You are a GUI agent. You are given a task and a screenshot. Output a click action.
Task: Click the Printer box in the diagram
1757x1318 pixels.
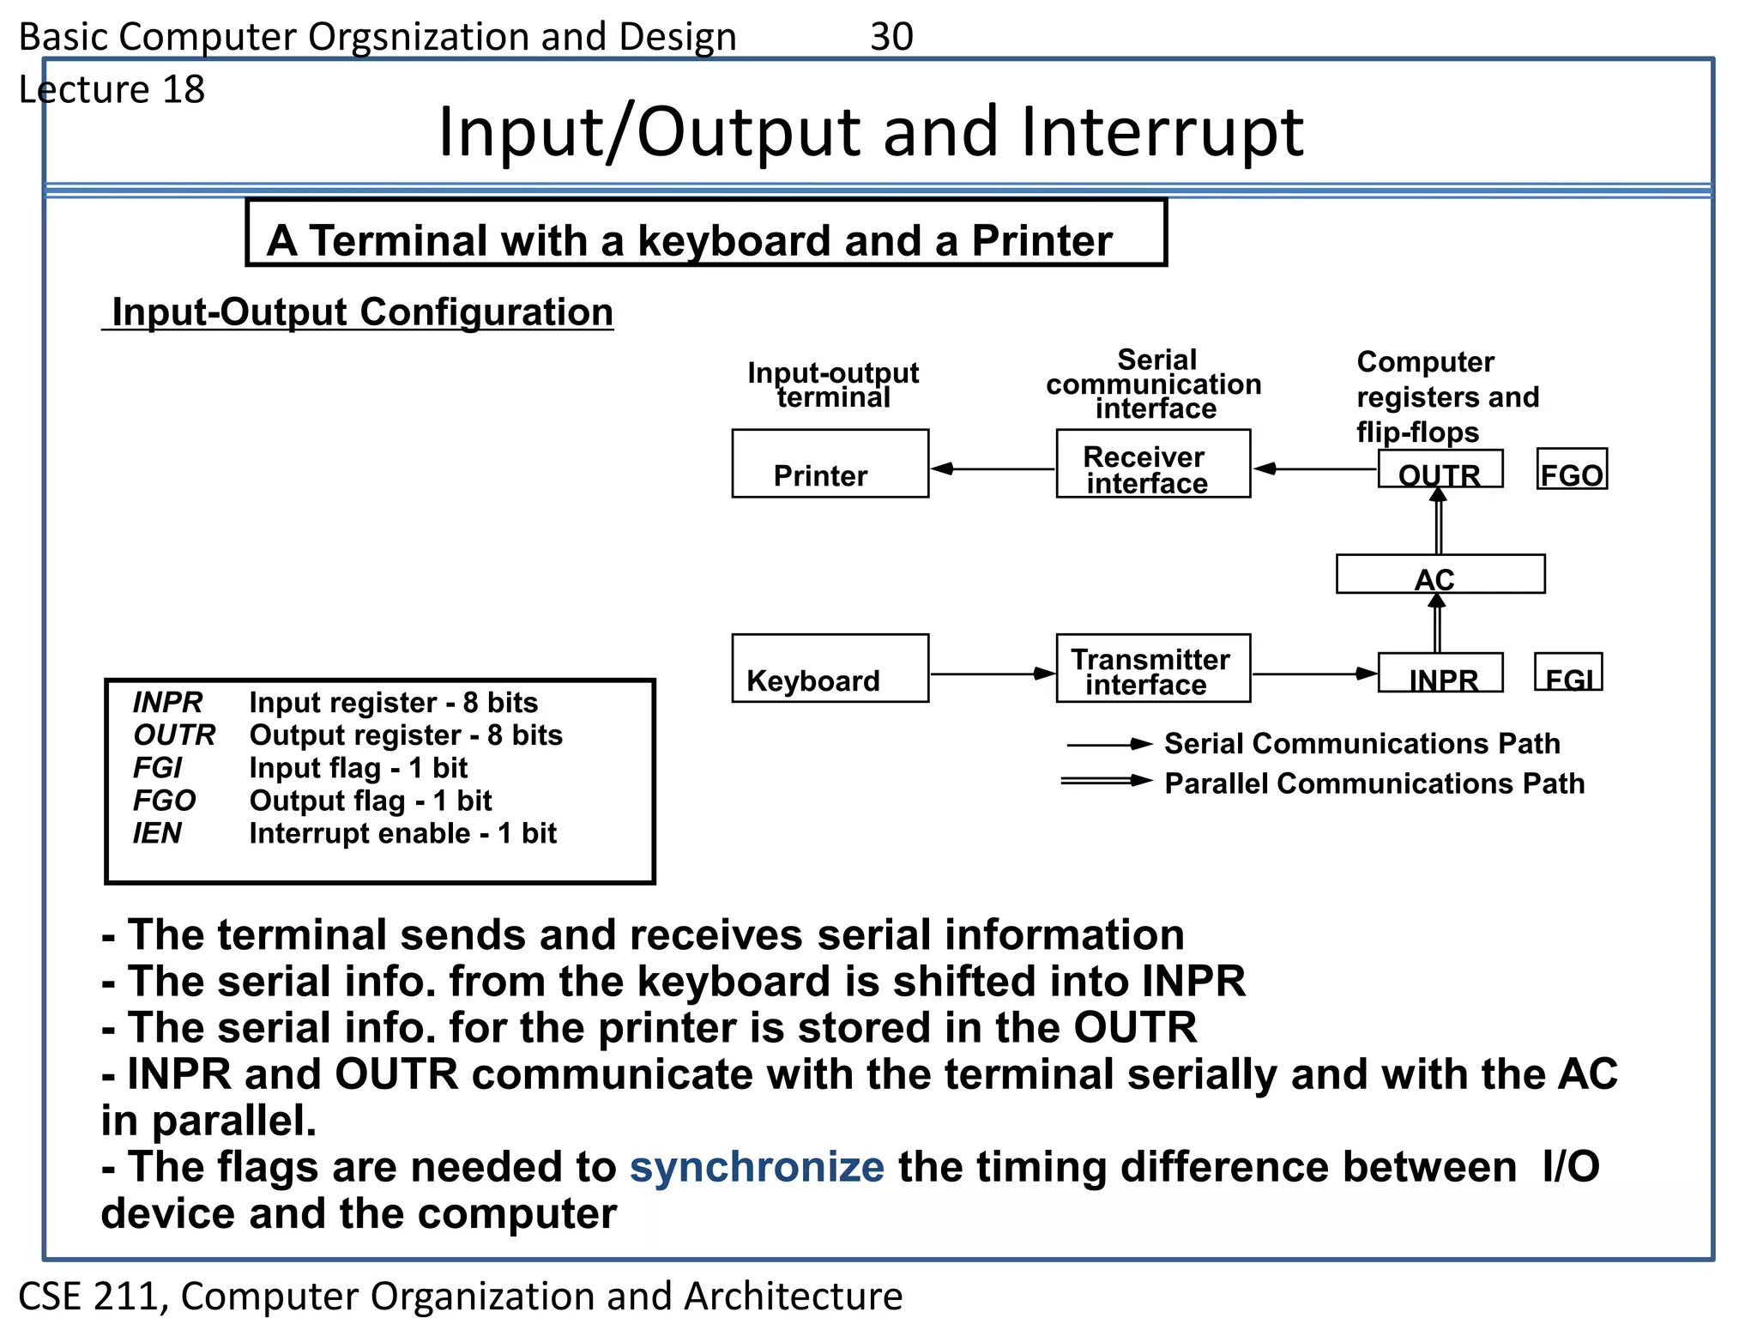click(830, 463)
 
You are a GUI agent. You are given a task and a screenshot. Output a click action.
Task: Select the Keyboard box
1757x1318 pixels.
click(830, 668)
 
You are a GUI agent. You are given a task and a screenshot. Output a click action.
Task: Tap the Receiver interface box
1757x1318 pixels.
click(1153, 463)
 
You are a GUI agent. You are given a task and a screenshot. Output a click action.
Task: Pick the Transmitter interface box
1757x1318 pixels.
click(1153, 668)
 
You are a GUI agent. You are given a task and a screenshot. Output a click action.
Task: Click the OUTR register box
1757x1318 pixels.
click(1440, 469)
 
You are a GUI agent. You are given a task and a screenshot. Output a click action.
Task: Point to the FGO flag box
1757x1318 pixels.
click(1571, 469)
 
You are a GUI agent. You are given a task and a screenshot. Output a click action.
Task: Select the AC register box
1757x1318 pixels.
click(1440, 574)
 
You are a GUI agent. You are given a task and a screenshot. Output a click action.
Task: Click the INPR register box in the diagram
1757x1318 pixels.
click(1440, 673)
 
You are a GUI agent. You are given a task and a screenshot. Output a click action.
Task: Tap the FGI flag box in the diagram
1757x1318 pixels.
click(1567, 673)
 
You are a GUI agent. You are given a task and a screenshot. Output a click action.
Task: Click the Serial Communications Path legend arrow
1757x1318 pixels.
click(1108, 745)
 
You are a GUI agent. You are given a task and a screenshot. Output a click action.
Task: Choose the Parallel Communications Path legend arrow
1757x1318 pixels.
click(1106, 781)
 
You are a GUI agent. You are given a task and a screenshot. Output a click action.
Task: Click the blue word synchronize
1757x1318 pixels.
click(757, 1167)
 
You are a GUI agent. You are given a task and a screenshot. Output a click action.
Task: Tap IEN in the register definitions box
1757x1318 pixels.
click(157, 833)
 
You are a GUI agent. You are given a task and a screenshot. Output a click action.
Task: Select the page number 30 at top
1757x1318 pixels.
click(891, 37)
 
